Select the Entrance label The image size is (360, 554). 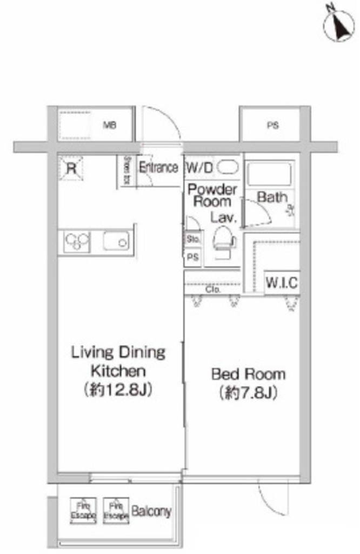pyautogui.click(x=158, y=167)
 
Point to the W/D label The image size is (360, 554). pyautogui.click(x=199, y=168)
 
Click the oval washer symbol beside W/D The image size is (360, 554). pyautogui.click(x=227, y=168)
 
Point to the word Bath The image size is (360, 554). pyautogui.click(x=272, y=197)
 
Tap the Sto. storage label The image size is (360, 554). pyautogui.click(x=193, y=239)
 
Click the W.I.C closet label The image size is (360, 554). pyautogui.click(x=281, y=283)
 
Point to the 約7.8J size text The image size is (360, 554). pyautogui.click(x=248, y=393)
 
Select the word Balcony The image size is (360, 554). pyautogui.click(x=152, y=511)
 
